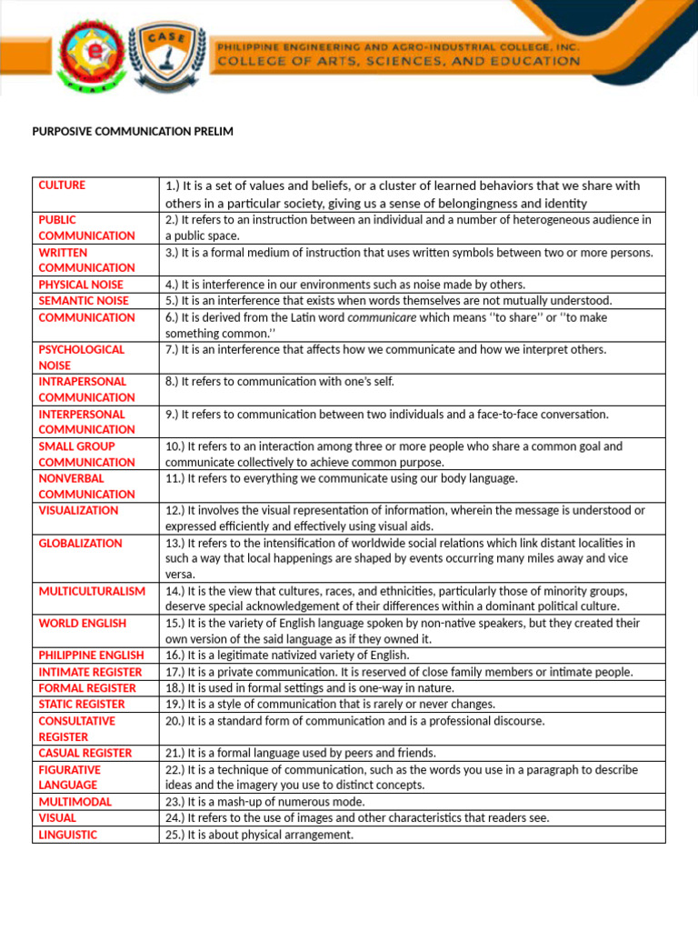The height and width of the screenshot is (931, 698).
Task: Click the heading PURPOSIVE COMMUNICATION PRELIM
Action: click(133, 132)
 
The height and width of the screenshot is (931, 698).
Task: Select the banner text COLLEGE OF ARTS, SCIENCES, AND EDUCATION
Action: click(397, 61)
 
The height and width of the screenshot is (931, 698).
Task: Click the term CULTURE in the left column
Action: click(62, 185)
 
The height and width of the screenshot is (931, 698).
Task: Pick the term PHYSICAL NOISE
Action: click(81, 285)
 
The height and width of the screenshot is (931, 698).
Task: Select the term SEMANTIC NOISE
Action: click(84, 301)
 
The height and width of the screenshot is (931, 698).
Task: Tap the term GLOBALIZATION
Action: click(80, 544)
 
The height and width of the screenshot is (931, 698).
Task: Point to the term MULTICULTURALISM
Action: click(92, 592)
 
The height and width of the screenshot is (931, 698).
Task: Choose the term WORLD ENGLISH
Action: click(82, 624)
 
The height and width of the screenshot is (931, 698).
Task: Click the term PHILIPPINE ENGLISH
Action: click(91, 656)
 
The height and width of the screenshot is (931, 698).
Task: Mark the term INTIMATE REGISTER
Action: click(90, 672)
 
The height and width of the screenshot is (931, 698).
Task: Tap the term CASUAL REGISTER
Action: click(85, 754)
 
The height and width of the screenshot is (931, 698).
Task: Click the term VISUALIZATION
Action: click(78, 511)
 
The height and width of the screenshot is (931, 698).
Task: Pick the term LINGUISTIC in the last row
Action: click(67, 835)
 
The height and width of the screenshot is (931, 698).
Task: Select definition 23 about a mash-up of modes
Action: click(264, 802)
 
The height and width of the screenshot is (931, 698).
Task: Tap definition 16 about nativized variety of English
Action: click(287, 656)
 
